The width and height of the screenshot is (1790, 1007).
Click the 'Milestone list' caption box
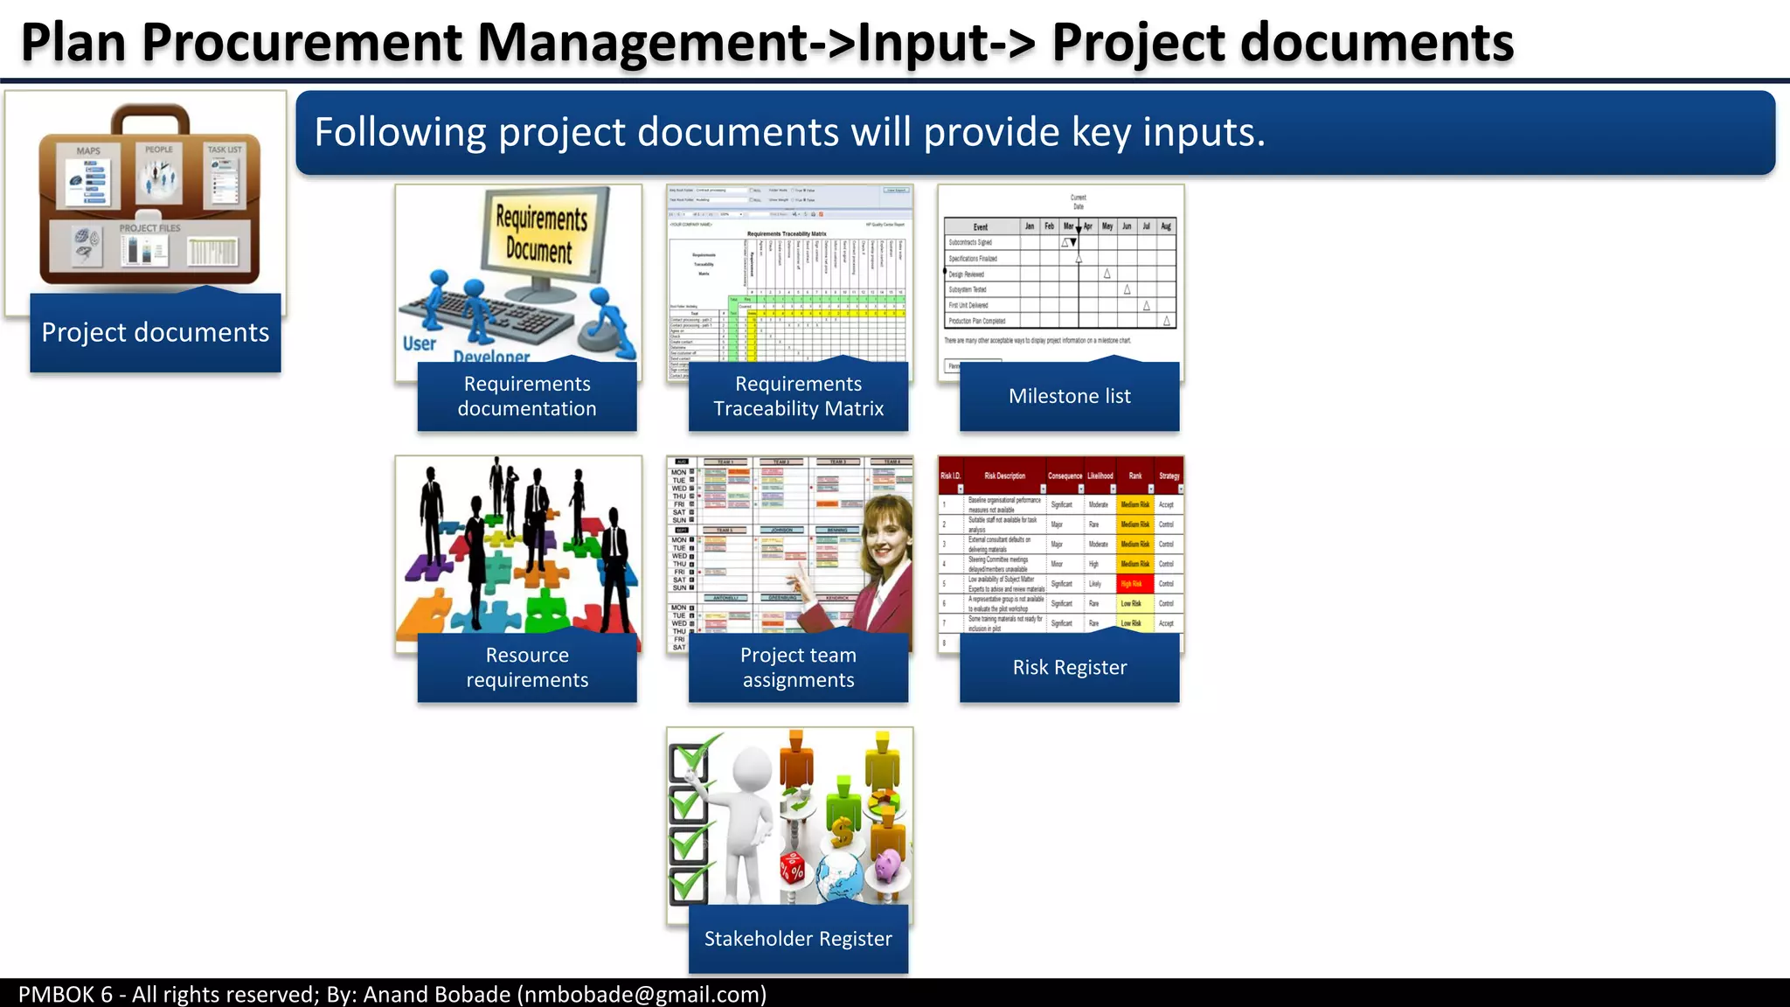coord(1069,396)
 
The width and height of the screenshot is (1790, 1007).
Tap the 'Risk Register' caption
coord(1069,668)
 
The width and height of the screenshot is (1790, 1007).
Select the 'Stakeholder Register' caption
coord(798,939)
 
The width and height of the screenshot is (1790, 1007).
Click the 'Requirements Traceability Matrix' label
coord(798,396)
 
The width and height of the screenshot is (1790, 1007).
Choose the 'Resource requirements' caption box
coord(527,668)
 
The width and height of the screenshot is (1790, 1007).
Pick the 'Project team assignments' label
coord(798,668)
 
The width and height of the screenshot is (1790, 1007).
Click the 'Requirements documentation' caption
coord(527,396)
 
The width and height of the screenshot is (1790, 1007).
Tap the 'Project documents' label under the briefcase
coord(156,332)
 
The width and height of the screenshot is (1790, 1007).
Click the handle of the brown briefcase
coord(149,115)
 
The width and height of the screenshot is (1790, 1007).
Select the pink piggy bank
coord(888,866)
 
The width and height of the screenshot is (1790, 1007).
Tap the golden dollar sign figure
coord(841,831)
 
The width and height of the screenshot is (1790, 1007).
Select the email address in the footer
coord(642,994)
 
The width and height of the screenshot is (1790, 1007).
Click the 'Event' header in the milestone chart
coord(981,226)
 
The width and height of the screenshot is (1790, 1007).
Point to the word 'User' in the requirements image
coord(420,344)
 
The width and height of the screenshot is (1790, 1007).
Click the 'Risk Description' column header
coord(1004,476)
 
